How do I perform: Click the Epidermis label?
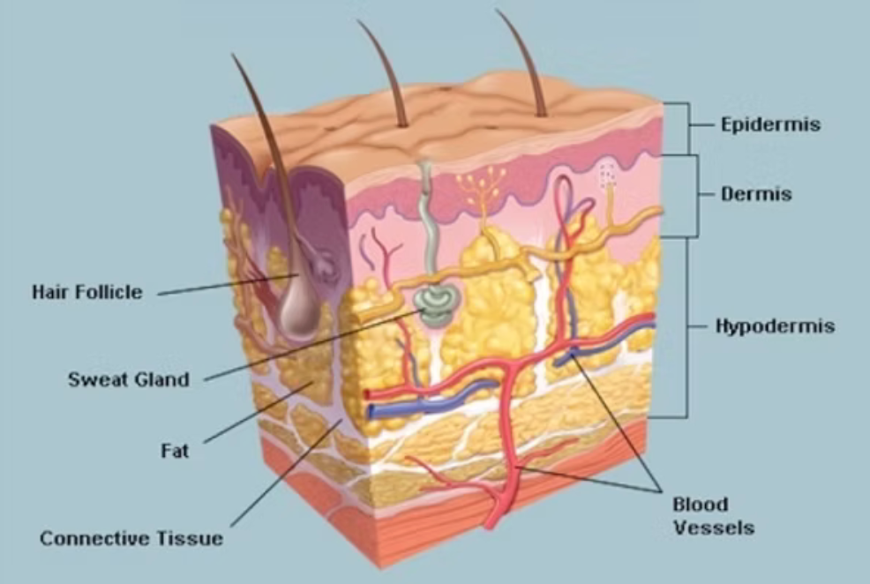point(770,124)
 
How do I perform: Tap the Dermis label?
point(756,194)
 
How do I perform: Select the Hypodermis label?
point(775,326)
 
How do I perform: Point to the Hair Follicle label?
point(87,292)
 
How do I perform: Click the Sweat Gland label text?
point(129,379)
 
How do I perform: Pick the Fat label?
point(175,450)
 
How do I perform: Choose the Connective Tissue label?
point(131,538)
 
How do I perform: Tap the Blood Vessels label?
point(714,516)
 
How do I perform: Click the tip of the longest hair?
point(232,55)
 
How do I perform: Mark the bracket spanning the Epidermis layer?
point(688,128)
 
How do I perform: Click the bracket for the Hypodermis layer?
point(687,327)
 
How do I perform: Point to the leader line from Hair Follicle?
point(229,284)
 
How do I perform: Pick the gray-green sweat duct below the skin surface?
point(427,221)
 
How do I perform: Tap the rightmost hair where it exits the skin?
point(541,114)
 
